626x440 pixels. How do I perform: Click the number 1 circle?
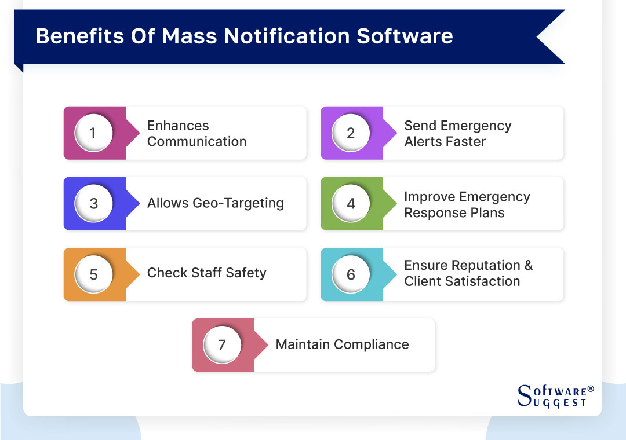point(93,133)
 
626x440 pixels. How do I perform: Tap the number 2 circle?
point(351,133)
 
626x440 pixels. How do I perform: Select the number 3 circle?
point(93,204)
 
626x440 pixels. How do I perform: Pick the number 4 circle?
point(351,204)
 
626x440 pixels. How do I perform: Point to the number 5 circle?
point(93,274)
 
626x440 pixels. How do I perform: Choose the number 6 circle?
point(351,274)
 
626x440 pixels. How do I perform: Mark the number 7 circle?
point(222,345)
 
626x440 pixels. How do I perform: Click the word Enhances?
point(178,126)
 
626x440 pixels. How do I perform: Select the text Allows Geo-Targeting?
point(216,203)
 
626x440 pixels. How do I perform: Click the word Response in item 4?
point(430,212)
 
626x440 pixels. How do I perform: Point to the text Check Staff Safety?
point(207,273)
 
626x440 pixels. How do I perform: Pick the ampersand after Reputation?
point(528,265)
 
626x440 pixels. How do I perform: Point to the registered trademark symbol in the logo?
point(591,389)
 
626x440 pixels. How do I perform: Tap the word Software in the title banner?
point(405,36)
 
